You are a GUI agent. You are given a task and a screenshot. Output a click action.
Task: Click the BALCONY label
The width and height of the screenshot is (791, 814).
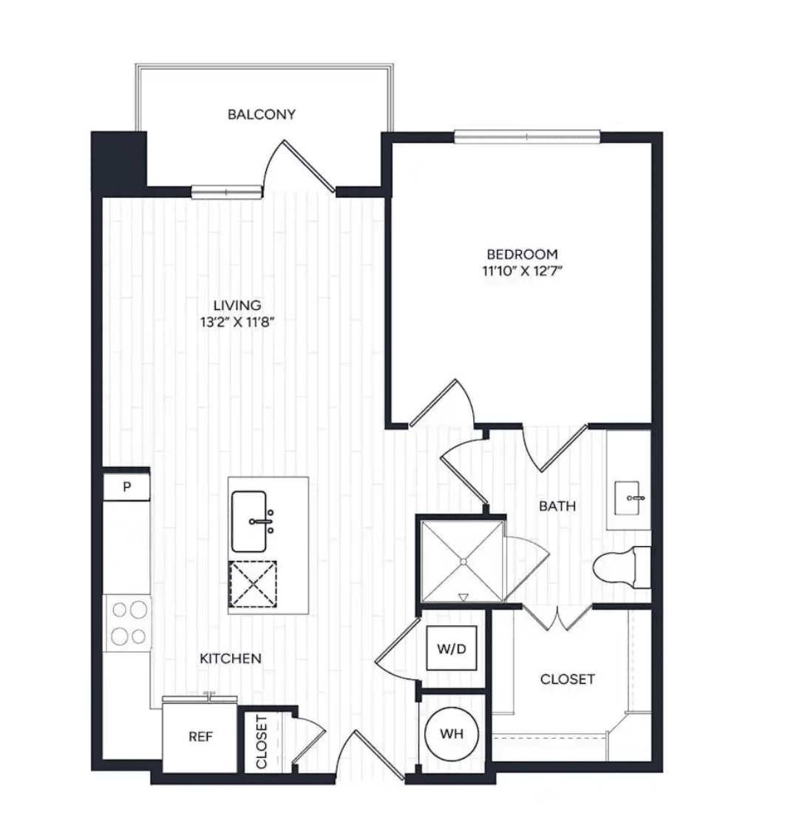[x=262, y=114]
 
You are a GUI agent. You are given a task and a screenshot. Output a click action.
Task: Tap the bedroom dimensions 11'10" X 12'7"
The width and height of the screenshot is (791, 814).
[x=523, y=271]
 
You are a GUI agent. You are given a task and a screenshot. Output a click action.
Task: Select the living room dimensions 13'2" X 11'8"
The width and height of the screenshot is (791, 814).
[x=237, y=323]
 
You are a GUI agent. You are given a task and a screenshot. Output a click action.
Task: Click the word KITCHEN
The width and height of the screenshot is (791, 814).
[x=231, y=659]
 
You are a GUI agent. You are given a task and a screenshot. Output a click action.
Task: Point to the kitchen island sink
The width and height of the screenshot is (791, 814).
[x=249, y=521]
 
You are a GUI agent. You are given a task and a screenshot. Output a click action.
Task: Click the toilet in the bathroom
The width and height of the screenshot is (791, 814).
[x=622, y=568]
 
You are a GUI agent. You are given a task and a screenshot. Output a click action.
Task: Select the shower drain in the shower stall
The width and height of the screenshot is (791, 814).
[x=463, y=562]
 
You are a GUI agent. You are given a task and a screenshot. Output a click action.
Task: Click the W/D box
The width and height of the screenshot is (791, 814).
[x=451, y=648]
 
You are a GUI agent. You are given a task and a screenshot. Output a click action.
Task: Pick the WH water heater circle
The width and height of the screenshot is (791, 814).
[x=451, y=734]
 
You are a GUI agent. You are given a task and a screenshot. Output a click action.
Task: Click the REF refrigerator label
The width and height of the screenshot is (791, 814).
[x=200, y=736]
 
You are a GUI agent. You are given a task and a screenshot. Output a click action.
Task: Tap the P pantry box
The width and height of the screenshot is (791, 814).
[x=126, y=486]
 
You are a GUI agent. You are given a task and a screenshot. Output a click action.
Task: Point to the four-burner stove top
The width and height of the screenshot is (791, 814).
[x=128, y=623]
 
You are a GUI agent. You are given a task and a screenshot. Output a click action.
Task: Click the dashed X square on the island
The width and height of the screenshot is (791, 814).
[x=253, y=584]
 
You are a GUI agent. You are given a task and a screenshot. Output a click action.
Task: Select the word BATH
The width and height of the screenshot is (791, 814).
[x=557, y=506]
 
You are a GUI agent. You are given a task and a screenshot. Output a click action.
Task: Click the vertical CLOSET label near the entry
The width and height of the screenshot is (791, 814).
[x=262, y=741]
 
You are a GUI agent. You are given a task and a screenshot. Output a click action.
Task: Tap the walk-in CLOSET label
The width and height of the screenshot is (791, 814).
[x=568, y=679]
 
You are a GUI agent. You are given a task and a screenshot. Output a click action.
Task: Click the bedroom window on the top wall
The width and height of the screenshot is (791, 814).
[x=527, y=137]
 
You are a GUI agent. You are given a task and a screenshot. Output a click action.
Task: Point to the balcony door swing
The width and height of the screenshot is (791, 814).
[x=298, y=166]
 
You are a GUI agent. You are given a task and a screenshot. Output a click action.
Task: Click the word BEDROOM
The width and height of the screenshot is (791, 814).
[x=523, y=255]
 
